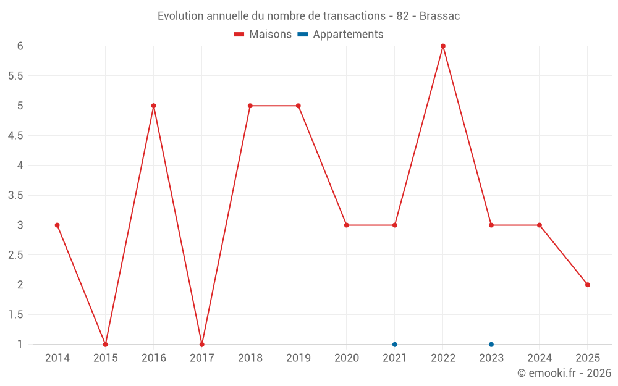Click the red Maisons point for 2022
tap(443, 46)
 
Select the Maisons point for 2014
tap(57, 225)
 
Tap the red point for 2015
tap(106, 345)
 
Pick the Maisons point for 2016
tap(154, 106)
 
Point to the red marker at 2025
tap(588, 285)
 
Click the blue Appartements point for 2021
tap(395, 345)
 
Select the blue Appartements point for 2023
tap(491, 345)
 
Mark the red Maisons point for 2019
tap(298, 106)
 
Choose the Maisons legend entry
tap(263, 35)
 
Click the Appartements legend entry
tap(341, 35)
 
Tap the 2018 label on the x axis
tap(250, 358)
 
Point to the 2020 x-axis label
tap(347, 358)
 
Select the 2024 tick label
tap(540, 358)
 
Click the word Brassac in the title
tap(439, 16)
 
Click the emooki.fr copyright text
tap(564, 373)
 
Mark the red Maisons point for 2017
tap(202, 345)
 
